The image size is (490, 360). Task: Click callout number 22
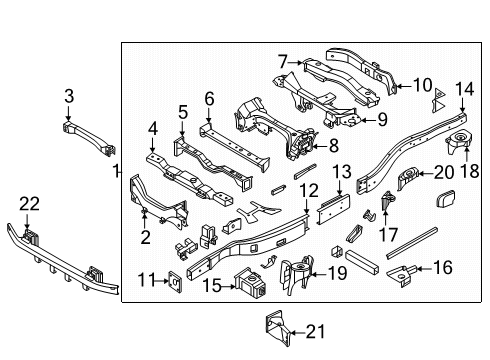[30, 203]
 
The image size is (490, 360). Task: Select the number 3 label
[69, 96]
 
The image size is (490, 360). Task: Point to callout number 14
[464, 88]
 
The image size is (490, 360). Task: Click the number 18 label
[468, 171]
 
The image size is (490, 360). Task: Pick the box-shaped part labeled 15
[247, 283]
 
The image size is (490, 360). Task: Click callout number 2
[146, 236]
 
